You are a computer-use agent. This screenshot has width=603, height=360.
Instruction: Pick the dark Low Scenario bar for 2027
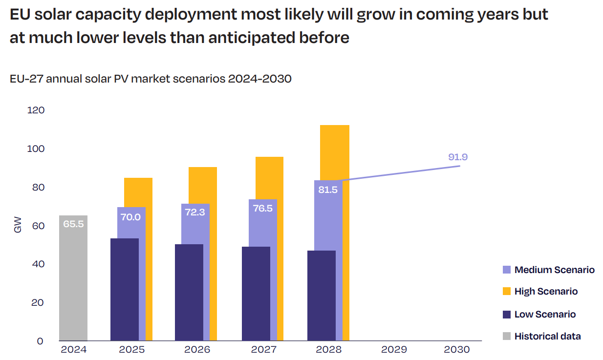(256, 293)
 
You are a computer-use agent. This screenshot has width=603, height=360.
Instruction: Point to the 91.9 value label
(458, 157)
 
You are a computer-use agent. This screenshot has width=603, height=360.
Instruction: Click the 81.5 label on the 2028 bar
(328, 190)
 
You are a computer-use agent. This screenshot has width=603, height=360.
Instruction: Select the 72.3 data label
(195, 212)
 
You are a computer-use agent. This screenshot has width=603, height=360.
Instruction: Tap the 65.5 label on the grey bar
(73, 224)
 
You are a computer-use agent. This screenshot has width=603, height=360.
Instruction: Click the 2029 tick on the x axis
(394, 350)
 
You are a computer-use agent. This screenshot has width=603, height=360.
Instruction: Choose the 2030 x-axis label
(457, 350)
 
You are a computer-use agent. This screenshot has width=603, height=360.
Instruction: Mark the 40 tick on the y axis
(38, 264)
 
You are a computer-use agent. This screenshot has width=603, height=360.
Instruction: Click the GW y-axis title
(18, 226)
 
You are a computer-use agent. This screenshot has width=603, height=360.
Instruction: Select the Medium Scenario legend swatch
(507, 270)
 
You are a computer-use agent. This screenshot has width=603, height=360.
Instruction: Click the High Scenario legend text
(546, 292)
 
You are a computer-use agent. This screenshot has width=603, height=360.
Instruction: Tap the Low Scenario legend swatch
(507, 315)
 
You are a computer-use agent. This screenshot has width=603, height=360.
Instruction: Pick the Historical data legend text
(548, 337)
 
